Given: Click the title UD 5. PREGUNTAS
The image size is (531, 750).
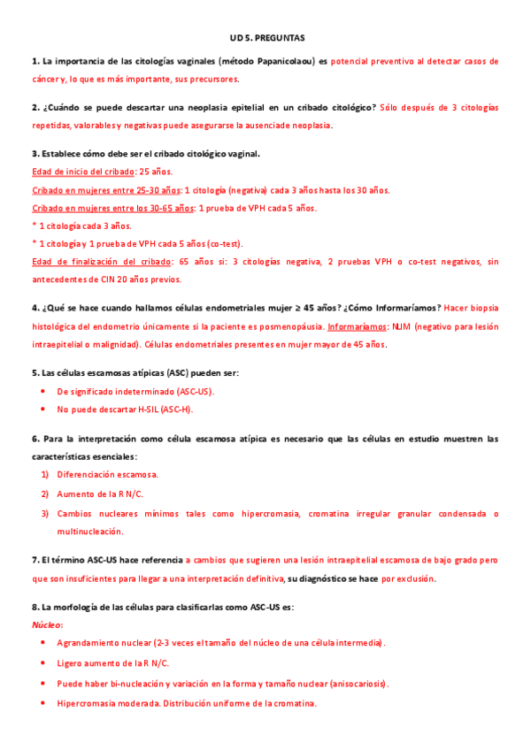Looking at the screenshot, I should click(x=265, y=39).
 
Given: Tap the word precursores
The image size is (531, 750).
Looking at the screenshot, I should click(x=214, y=79).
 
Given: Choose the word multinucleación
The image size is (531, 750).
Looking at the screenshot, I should click(x=90, y=532).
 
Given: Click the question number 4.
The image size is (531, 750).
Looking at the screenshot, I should click(x=35, y=308).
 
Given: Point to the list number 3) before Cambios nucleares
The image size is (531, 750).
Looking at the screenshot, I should click(x=44, y=513).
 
